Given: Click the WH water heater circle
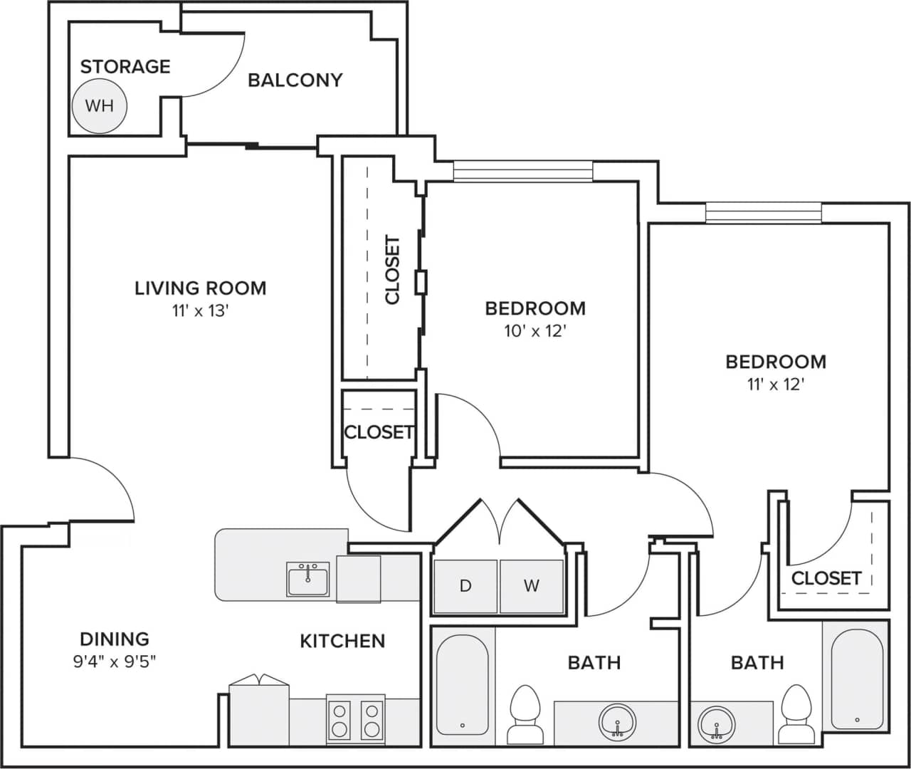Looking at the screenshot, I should coord(100,106).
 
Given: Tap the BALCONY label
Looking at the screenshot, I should coord(295,80).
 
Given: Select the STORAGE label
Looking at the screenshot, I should coord(125,67).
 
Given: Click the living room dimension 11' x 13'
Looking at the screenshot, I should coord(200,311).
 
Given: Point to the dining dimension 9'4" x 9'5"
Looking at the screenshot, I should coord(115,661).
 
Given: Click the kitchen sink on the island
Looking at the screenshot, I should coord(308,578).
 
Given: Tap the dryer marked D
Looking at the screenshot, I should coord(465,586).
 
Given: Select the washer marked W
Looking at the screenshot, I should coord(531,586).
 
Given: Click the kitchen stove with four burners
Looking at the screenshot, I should coord(355,719).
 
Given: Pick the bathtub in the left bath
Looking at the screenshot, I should coord(462,684).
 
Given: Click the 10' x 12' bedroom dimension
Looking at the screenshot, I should coord(535,331).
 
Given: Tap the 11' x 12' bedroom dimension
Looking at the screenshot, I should coord(776,384).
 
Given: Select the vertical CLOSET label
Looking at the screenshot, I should coord(392,270).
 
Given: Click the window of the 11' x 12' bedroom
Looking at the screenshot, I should coord(763,213).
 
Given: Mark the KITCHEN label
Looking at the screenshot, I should coord(342,641).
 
